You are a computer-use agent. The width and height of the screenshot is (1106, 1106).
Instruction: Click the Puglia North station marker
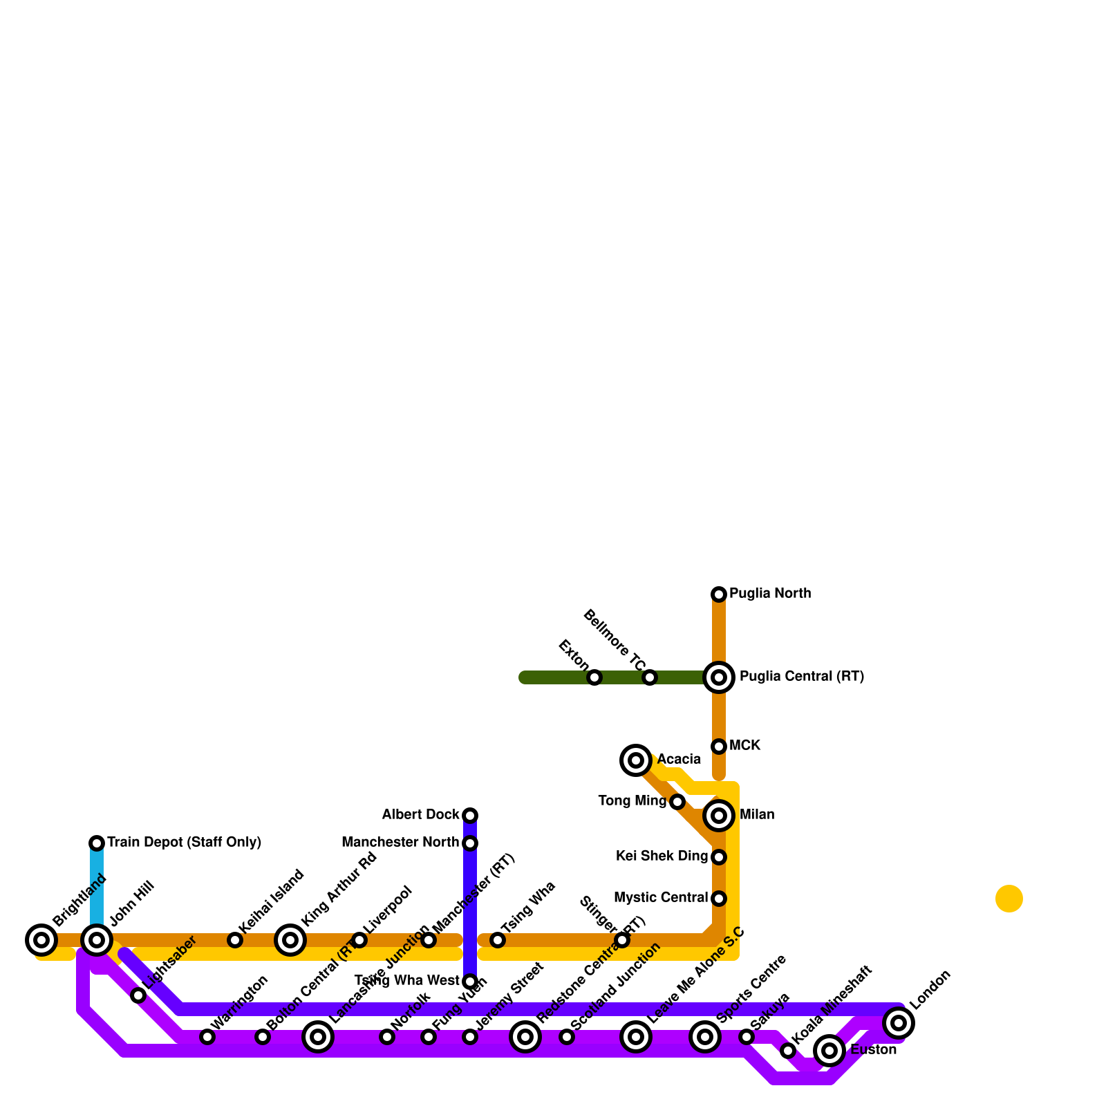point(719,594)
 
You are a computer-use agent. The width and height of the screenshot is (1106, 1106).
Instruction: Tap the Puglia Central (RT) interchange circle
point(719,677)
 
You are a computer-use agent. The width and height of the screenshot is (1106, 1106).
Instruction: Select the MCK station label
point(744,746)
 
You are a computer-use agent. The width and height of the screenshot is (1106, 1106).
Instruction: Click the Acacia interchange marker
point(636,760)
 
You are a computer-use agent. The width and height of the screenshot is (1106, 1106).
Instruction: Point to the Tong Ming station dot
point(677,802)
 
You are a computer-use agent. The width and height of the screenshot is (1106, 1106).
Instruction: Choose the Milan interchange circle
point(719,816)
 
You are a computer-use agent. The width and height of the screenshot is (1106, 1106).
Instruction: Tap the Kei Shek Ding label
point(662,856)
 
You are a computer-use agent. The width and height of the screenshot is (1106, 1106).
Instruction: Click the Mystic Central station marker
point(719,899)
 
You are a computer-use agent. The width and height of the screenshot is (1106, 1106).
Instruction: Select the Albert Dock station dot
point(470,816)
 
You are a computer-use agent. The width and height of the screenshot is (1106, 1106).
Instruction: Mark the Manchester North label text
point(400,843)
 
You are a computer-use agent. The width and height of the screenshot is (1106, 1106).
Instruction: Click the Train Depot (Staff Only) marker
point(97,843)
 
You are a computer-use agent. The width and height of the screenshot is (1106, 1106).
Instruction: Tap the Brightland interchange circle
point(41,940)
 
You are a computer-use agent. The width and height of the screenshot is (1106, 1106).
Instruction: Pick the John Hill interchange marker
point(97,940)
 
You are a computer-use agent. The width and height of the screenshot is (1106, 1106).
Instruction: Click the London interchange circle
point(899,1023)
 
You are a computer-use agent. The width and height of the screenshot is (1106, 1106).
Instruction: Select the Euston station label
point(873,1050)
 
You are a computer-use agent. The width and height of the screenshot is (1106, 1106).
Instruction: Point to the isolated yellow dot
point(1009,899)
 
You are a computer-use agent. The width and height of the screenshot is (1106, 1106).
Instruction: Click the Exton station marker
point(594,677)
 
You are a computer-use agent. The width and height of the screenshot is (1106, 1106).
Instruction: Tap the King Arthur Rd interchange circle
point(290,940)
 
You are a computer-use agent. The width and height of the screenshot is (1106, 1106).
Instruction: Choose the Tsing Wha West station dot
point(470,982)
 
